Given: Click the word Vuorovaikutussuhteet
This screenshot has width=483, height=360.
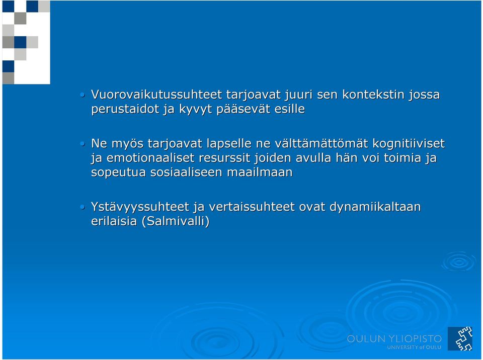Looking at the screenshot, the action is click(x=156, y=94).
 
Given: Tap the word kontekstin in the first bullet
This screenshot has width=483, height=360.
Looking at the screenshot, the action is click(x=373, y=94).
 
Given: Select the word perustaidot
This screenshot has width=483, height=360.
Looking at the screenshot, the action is click(x=125, y=109).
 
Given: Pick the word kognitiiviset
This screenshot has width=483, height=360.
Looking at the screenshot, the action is click(x=409, y=143).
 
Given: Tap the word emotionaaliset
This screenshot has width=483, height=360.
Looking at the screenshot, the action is click(x=150, y=158).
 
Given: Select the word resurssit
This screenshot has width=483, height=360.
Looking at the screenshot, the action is click(x=224, y=158).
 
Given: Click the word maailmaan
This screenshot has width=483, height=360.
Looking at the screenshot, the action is click(x=260, y=172).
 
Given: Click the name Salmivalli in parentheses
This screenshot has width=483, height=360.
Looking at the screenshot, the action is click(x=175, y=221).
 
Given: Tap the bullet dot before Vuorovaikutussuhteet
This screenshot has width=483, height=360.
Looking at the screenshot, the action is click(x=82, y=95).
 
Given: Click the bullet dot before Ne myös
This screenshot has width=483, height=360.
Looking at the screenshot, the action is click(x=82, y=143).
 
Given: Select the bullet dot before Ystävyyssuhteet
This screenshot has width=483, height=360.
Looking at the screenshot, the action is click(x=82, y=207).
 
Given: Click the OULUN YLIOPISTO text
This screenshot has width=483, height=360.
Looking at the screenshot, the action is click(x=394, y=339).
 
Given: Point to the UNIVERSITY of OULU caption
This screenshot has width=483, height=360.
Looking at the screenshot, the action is click(x=414, y=347).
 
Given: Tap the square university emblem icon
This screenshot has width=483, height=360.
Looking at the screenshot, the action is click(x=460, y=338).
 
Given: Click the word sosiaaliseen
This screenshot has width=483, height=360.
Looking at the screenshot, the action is click(x=186, y=172).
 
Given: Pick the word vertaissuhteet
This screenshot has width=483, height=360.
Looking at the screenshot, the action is click(x=252, y=207).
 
